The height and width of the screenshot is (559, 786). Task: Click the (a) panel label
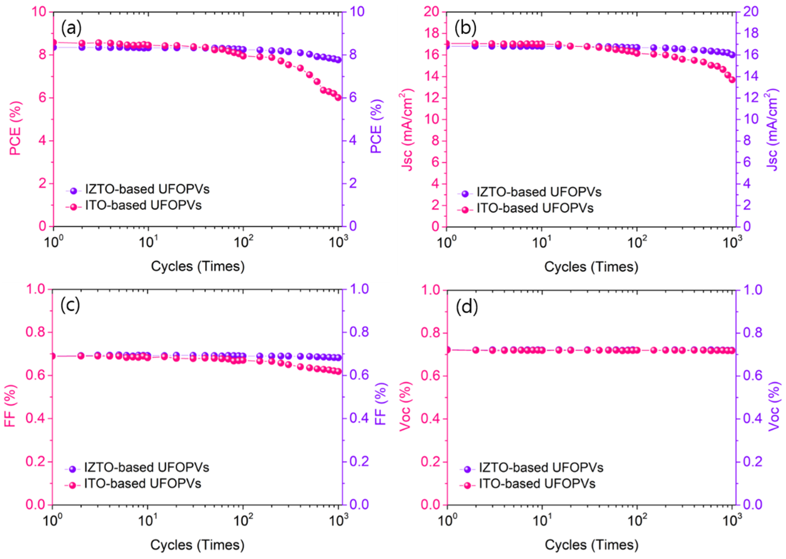71,28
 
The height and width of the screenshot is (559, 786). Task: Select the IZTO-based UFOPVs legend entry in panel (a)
147,189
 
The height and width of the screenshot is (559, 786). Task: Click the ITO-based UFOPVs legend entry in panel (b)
535,208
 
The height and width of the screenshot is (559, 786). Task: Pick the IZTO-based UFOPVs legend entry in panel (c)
146,468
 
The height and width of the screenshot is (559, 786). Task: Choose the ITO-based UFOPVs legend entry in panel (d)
537,484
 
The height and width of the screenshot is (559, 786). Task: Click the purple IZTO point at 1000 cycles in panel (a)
338,60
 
